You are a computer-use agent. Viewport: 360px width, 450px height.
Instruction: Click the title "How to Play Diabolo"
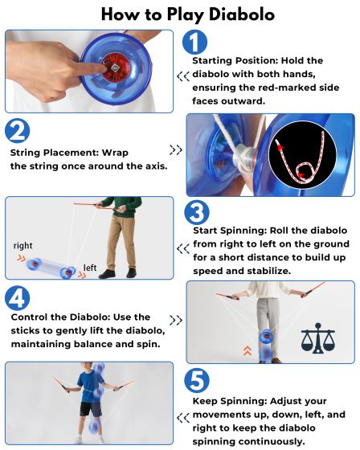[x=180, y=15]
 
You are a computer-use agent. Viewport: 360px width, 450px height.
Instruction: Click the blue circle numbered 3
[x=197, y=212]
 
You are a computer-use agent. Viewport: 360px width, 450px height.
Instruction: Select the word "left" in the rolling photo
[x=90, y=268]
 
